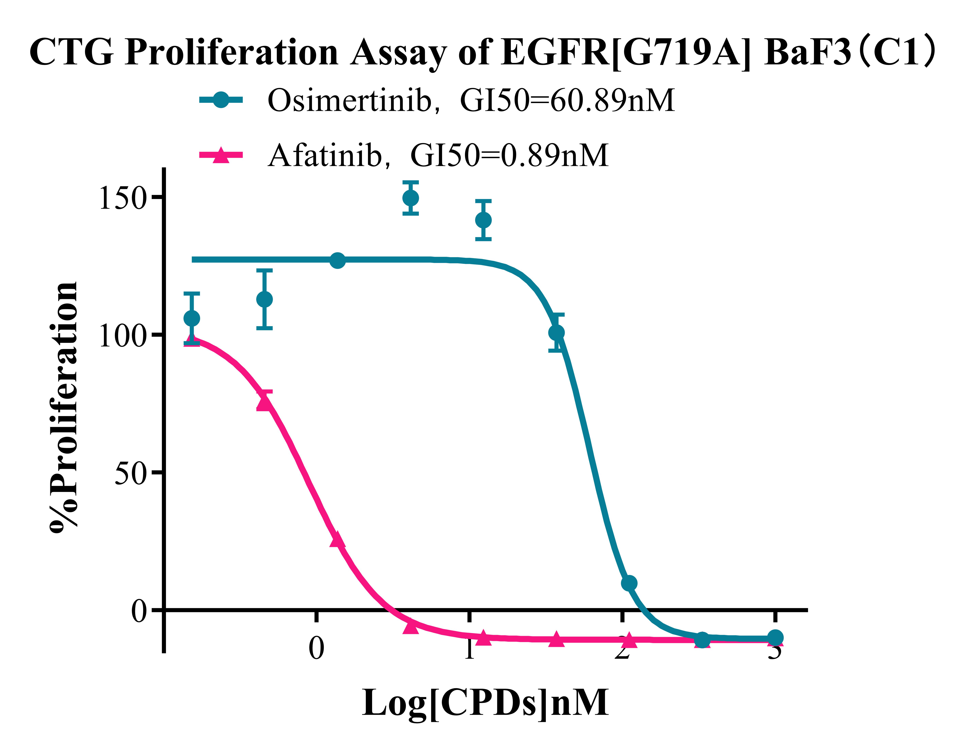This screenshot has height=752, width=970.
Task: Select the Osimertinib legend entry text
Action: [471, 100]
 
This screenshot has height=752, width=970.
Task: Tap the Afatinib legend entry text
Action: [437, 155]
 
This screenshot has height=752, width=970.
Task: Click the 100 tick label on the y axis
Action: [122, 336]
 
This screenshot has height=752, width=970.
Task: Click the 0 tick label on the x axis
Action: [316, 648]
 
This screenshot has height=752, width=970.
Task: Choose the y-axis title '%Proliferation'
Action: [64, 406]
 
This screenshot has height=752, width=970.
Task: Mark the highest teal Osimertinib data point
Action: [410, 198]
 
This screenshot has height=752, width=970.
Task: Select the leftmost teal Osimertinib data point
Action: [191, 319]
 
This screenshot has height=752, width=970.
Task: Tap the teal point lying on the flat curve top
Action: [338, 261]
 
